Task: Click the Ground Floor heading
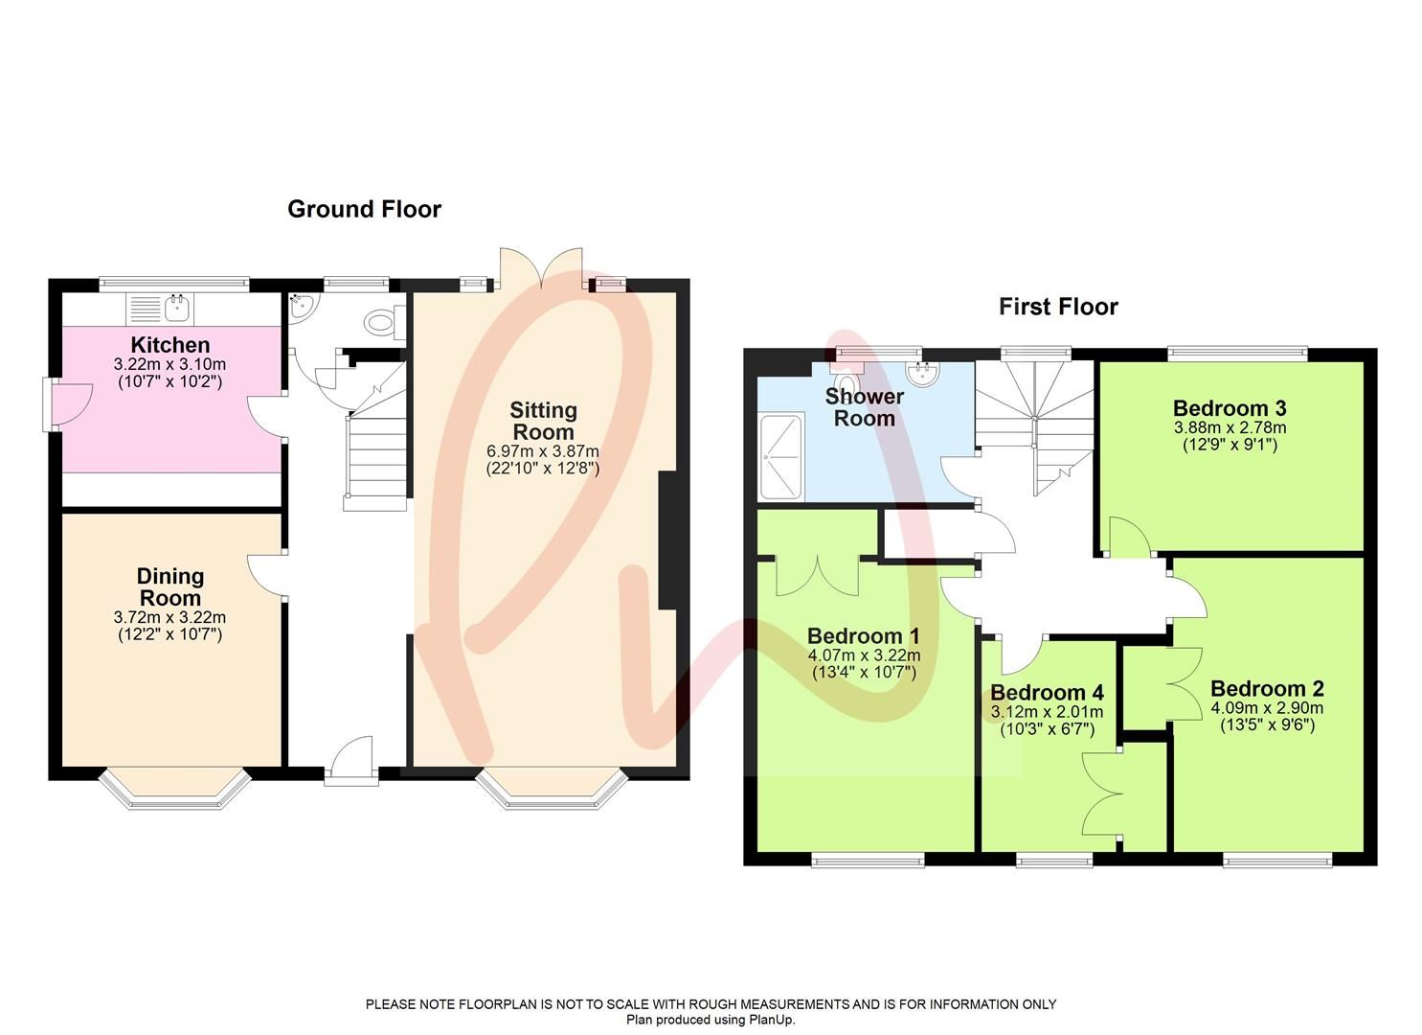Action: tap(364, 209)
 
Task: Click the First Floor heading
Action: tap(1058, 307)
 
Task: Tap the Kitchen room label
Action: tap(169, 345)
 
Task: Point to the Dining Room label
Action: tap(169, 586)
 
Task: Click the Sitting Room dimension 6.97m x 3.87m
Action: tap(543, 451)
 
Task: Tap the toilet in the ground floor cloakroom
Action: tap(381, 322)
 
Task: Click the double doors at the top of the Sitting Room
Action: tap(541, 268)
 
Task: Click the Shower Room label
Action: tap(864, 407)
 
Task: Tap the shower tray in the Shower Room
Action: tap(780, 457)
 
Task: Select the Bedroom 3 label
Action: tap(1230, 407)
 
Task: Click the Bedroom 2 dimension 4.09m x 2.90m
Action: tap(1266, 708)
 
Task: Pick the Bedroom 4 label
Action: tap(1047, 693)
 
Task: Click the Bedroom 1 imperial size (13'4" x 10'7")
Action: tap(864, 673)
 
